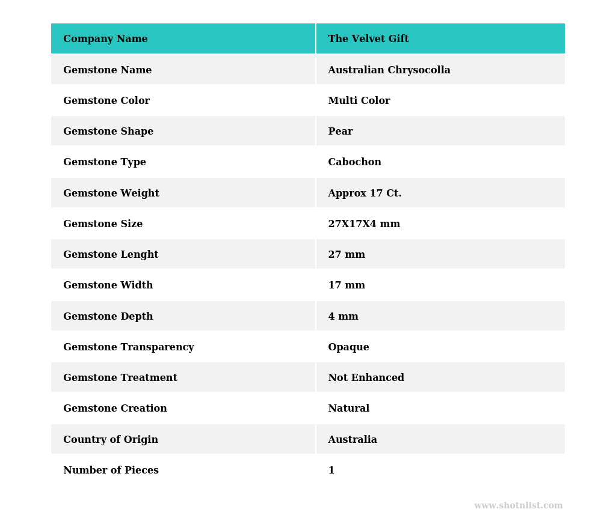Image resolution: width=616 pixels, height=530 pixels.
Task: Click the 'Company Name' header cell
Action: click(105, 39)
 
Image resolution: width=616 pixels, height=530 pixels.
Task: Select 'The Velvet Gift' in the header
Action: click(368, 39)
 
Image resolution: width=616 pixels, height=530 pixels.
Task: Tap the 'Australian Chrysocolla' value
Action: click(389, 70)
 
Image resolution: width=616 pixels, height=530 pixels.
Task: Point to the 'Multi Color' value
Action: click(359, 101)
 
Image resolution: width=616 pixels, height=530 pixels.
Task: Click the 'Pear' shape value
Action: click(340, 132)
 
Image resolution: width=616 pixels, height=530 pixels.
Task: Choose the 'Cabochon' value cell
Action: click(354, 162)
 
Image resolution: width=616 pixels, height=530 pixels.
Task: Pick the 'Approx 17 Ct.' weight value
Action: click(365, 193)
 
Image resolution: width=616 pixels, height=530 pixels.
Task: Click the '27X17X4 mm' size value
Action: click(364, 224)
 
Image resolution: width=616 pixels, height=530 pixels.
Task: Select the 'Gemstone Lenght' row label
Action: click(111, 255)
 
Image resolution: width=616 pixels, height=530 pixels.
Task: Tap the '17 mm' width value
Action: click(346, 285)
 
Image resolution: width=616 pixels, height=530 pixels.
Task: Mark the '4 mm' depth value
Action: click(343, 317)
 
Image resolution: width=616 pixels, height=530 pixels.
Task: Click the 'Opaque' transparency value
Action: click(348, 347)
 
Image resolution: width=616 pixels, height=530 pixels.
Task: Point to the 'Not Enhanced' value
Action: click(366, 378)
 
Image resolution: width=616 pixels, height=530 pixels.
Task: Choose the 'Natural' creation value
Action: click(348, 409)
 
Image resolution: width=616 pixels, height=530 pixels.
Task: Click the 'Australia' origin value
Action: click(353, 440)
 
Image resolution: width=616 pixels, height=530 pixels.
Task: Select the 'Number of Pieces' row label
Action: click(111, 471)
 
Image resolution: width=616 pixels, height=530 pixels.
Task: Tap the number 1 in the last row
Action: click(331, 471)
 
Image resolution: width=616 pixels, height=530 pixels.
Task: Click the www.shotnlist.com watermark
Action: click(518, 506)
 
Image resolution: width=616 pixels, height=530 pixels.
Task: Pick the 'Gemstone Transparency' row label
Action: click(128, 347)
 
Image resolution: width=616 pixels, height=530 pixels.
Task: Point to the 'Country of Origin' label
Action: click(111, 440)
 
